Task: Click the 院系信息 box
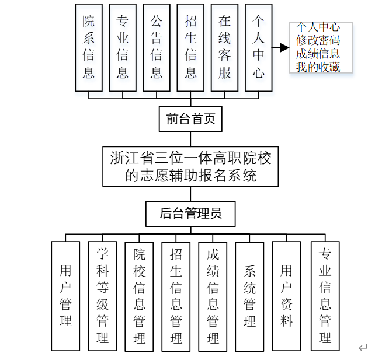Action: pos(88,47)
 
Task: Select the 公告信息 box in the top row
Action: pos(157,47)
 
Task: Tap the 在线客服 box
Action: pos(224,47)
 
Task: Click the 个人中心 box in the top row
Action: pos(259,47)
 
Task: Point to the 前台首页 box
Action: pos(190,119)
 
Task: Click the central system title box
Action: pos(190,166)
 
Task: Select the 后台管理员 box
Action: pos(190,214)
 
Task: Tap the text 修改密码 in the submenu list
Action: pos(318,40)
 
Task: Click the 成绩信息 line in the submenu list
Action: pos(318,54)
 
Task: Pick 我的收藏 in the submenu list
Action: pos(318,67)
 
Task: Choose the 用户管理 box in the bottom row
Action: pos(65,296)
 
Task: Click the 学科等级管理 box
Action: pos(102,296)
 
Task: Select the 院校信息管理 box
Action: pos(139,296)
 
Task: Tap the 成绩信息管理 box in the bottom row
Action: pos(213,296)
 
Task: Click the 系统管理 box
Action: pos(249,296)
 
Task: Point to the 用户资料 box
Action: pos(286,296)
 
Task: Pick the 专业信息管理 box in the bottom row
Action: pos(325,296)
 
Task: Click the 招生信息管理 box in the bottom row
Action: pos(176,296)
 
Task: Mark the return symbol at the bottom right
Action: pos(363,348)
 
